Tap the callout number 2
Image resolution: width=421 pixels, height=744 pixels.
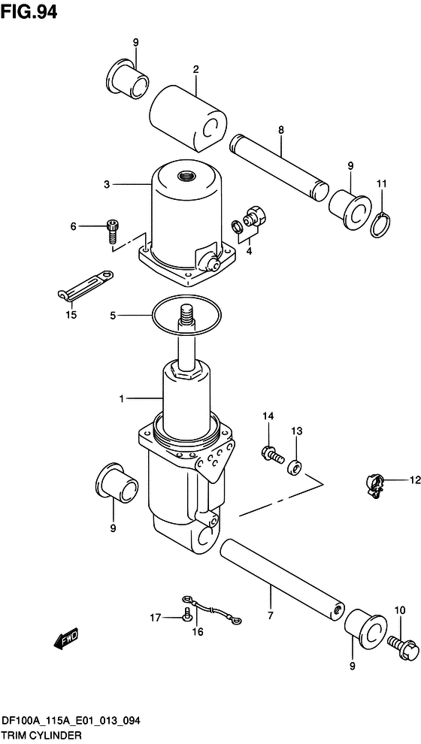pyautogui.click(x=195, y=71)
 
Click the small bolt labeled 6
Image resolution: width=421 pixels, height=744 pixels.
pyautogui.click(x=113, y=229)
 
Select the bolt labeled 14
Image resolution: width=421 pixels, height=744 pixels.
pyautogui.click(x=270, y=453)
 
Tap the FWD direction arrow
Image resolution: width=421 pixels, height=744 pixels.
pyautogui.click(x=64, y=638)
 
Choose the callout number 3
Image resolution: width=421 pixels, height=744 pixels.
pyautogui.click(x=107, y=184)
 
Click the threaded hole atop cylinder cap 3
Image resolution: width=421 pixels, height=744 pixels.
pyautogui.click(x=185, y=177)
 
